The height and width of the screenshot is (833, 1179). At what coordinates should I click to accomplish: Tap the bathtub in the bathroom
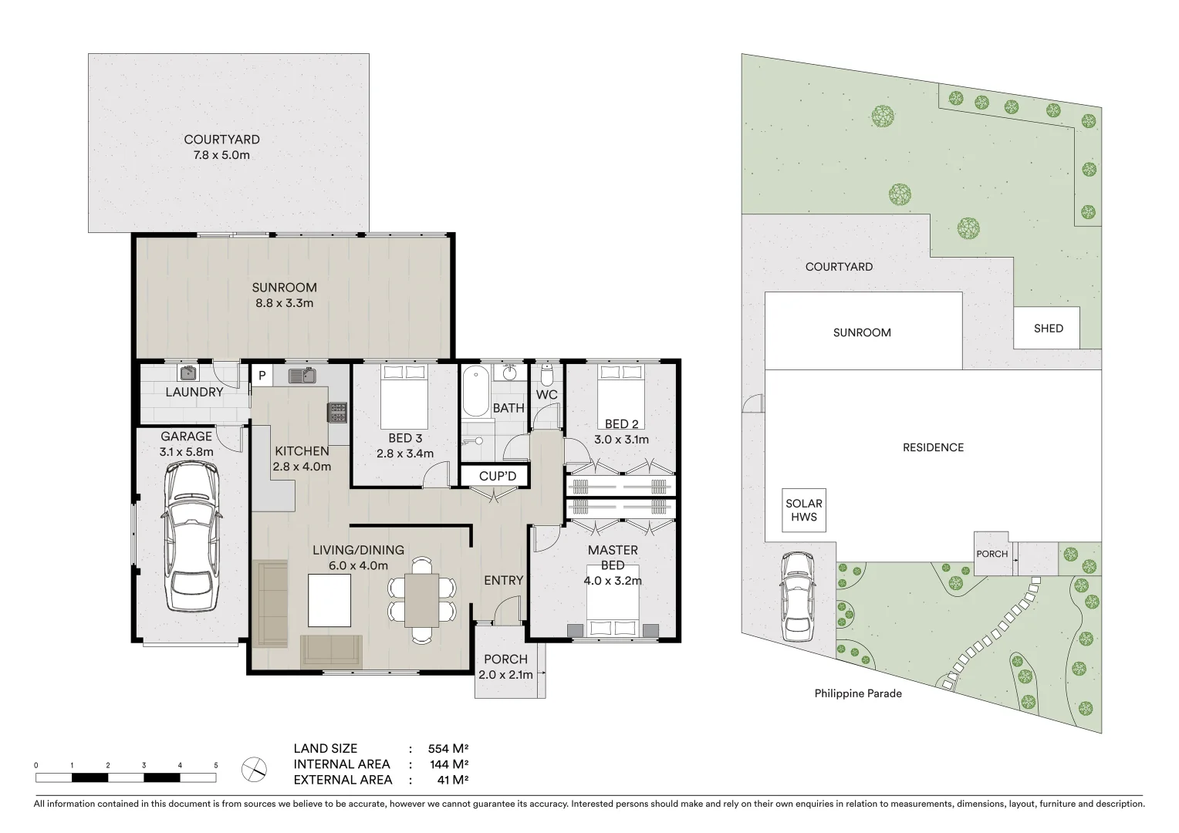(476, 393)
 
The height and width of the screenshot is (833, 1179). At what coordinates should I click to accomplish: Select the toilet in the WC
(547, 376)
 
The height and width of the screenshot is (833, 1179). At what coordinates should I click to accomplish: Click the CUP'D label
(498, 476)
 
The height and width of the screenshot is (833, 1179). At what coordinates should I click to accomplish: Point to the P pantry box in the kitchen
(262, 376)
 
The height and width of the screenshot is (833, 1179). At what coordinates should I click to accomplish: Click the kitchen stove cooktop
(337, 413)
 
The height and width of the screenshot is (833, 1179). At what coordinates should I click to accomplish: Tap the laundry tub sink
(188, 373)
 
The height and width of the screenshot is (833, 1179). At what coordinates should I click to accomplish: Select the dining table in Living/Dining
(422, 600)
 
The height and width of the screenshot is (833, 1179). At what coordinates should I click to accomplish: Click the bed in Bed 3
(405, 393)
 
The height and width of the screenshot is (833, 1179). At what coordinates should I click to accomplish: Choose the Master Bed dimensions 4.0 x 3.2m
(613, 581)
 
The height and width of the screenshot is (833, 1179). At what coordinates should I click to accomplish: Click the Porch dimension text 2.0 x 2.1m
(506, 675)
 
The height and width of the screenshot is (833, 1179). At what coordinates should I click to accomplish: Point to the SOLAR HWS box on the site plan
(804, 510)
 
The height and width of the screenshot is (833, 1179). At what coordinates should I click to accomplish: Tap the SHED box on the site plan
(1048, 328)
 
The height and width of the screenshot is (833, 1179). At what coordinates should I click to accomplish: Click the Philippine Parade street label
(858, 693)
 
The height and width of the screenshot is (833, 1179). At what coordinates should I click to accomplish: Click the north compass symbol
(254, 769)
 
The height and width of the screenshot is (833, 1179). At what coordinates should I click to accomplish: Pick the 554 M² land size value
(449, 748)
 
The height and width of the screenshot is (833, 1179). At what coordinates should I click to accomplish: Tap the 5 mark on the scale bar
(216, 765)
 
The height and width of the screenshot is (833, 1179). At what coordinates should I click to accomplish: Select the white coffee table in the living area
(329, 599)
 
